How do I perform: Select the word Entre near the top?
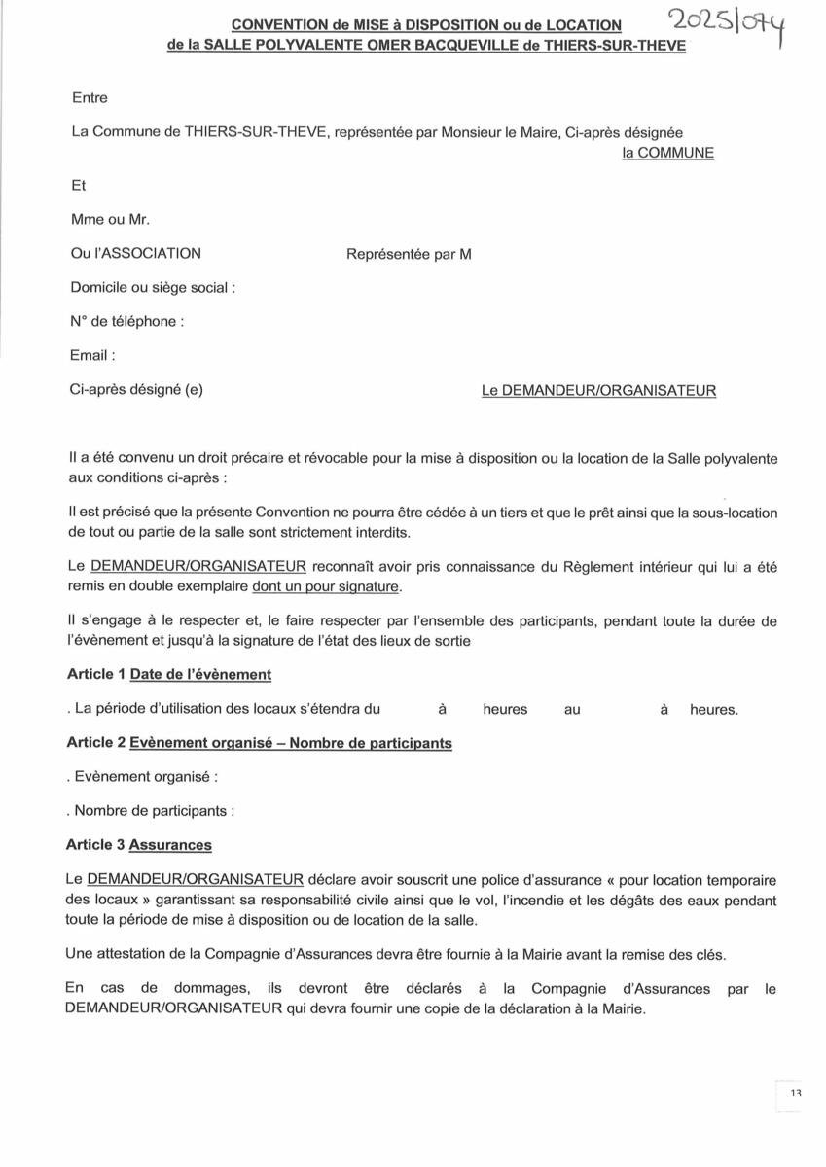pyautogui.click(x=90, y=97)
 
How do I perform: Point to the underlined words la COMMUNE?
pyautogui.click(x=667, y=153)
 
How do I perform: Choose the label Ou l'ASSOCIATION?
pyautogui.click(x=136, y=253)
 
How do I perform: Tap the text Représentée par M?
pyautogui.click(x=409, y=254)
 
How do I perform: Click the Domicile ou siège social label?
pyautogui.click(x=153, y=288)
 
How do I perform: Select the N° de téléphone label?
pyautogui.click(x=126, y=322)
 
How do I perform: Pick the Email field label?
pyautogui.click(x=92, y=356)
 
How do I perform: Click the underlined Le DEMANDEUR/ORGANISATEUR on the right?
pyautogui.click(x=598, y=391)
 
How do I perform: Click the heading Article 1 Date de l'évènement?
pyautogui.click(x=169, y=674)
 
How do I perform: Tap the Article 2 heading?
pyautogui.click(x=259, y=743)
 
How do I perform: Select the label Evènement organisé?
pyautogui.click(x=142, y=777)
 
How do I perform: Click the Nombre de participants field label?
pyautogui.click(x=151, y=810)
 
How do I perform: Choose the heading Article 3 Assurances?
pyautogui.click(x=139, y=845)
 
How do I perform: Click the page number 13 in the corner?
pyautogui.click(x=795, y=1094)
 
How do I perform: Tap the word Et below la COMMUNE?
pyautogui.click(x=79, y=186)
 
